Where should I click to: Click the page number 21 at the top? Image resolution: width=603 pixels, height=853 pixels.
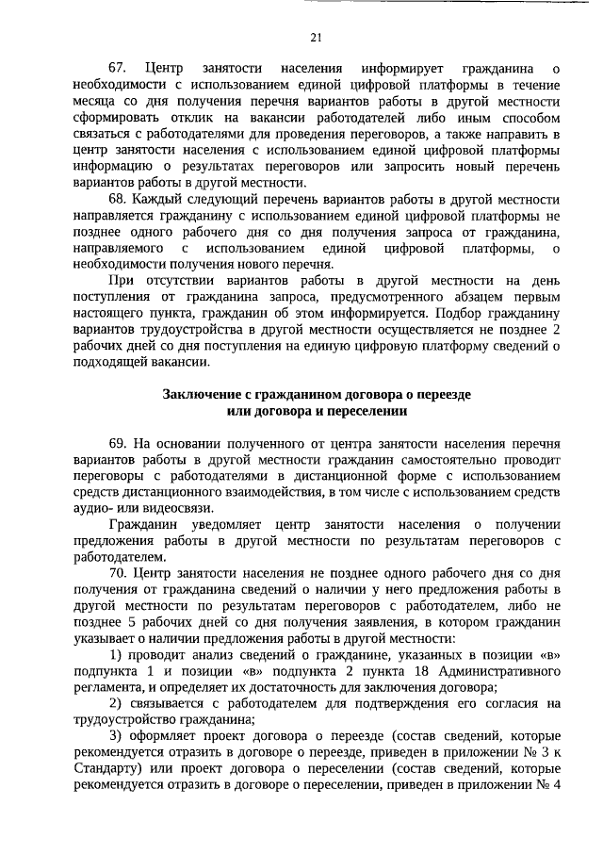click(316, 38)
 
